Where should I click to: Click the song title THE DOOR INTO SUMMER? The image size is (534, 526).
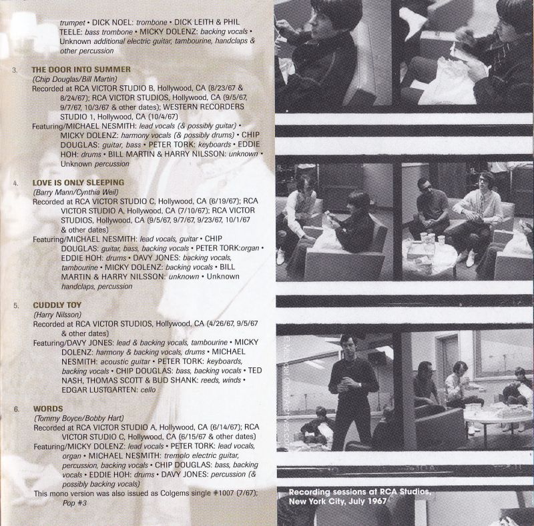click(81, 69)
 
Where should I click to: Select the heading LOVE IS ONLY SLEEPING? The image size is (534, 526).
click(78, 183)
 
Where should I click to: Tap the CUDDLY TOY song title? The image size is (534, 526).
click(57, 305)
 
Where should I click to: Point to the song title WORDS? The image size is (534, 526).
click(48, 409)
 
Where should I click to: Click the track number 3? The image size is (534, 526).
click(15, 70)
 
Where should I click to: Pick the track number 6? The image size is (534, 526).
click(17, 409)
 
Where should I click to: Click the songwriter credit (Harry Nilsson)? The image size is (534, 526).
click(57, 315)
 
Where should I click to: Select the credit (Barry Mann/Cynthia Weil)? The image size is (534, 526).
click(75, 192)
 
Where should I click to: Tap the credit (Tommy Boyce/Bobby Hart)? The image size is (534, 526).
click(79, 418)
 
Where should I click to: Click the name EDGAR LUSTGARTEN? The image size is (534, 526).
click(99, 390)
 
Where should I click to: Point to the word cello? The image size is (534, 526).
click(148, 390)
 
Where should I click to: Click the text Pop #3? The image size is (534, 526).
click(75, 503)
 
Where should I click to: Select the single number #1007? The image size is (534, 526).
click(224, 493)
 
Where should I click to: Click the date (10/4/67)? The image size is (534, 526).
click(162, 117)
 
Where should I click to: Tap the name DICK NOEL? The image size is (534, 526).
click(113, 23)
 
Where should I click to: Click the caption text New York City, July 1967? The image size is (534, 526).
click(338, 501)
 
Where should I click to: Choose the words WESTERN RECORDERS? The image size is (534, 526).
click(204, 107)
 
